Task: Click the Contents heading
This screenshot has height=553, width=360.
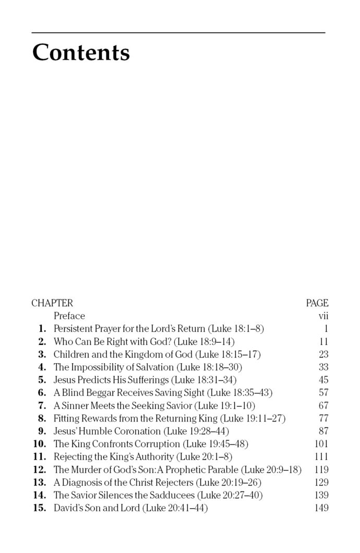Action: [x=81, y=53]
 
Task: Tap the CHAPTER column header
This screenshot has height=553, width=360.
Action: [x=52, y=303]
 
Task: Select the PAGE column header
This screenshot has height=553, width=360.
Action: [x=317, y=303]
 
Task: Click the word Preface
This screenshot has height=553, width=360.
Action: [x=69, y=316]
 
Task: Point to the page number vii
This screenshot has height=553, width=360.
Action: [x=323, y=316]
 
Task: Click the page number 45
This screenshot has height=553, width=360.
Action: [x=323, y=380]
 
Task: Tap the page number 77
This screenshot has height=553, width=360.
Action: [x=323, y=418]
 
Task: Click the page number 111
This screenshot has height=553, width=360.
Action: [x=321, y=457]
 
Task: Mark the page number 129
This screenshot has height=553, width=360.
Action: [x=321, y=483]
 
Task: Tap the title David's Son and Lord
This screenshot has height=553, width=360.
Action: [x=97, y=508]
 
